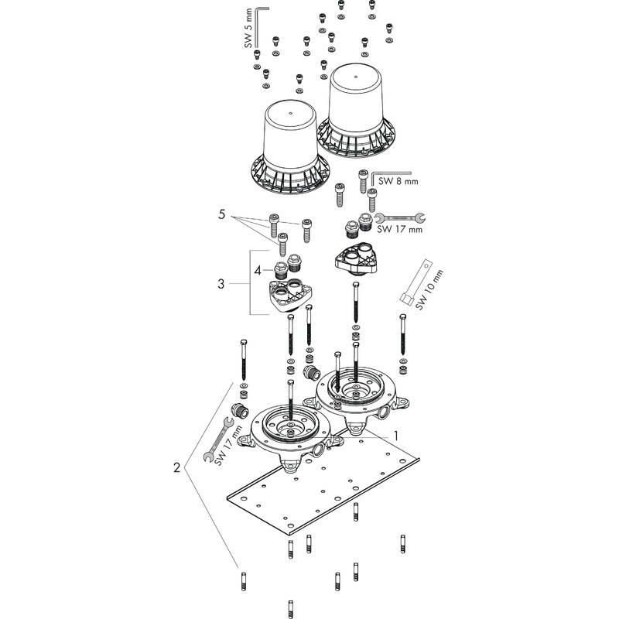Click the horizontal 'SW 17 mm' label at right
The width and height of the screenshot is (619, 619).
point(399,229)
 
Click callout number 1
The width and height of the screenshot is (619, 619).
point(396,436)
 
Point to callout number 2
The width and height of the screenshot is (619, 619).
point(177,467)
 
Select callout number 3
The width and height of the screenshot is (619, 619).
point(221,284)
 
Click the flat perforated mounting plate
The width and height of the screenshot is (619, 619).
point(325,495)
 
